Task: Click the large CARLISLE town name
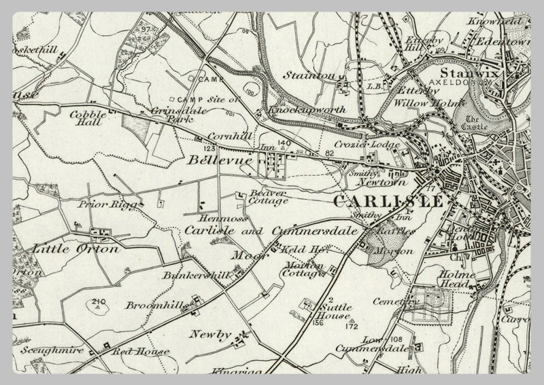coord(389,202)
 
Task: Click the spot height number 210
coord(100,301)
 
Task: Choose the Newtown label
coord(381,183)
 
